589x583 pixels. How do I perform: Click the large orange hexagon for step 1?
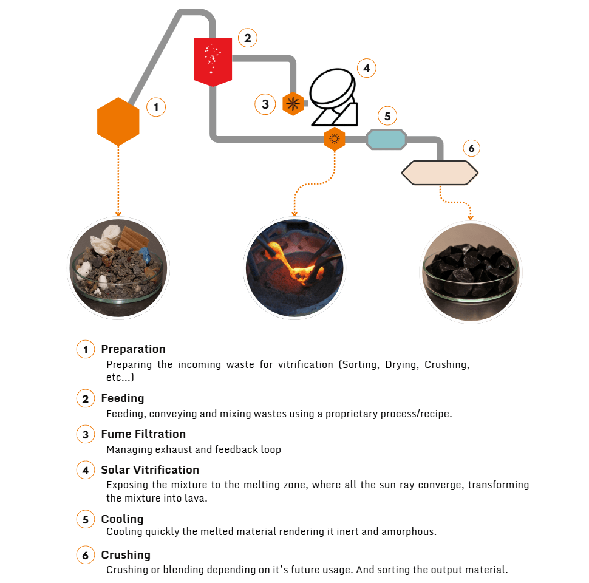point(118,121)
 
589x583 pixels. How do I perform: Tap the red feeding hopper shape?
point(213,61)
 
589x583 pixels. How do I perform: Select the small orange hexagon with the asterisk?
point(293,104)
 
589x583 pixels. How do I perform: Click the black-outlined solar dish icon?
point(334,97)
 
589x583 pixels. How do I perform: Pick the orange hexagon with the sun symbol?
point(335,139)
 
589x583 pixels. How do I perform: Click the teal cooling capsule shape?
point(386,139)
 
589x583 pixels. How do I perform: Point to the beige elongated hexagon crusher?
point(440,173)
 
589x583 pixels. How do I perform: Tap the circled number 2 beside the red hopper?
point(248,38)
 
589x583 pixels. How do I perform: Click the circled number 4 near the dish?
point(367,69)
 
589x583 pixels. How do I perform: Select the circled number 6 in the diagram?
point(471,148)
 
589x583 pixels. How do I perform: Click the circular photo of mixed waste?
point(118,268)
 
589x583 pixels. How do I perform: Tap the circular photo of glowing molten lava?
point(294,268)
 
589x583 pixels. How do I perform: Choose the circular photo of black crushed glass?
point(471,272)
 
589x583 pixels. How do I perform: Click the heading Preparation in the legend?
point(134,349)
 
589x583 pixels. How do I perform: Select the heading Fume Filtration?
point(143,434)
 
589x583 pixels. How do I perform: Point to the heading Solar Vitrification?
point(150,469)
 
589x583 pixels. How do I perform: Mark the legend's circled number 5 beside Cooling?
point(86,519)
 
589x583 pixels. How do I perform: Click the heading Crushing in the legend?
point(126,555)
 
